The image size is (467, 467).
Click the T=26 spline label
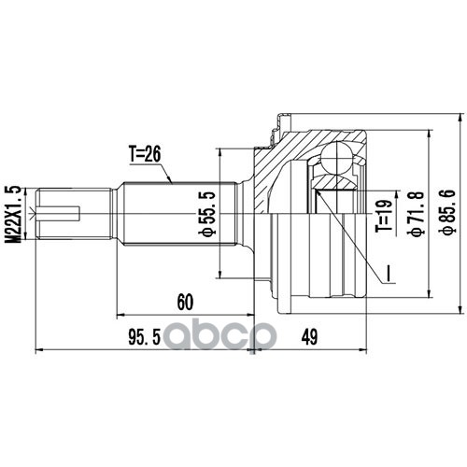[145, 154]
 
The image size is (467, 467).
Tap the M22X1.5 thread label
[13, 214]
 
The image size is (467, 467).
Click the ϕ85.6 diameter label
[450, 210]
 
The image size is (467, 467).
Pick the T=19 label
[384, 216]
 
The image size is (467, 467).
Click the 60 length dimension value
[185, 302]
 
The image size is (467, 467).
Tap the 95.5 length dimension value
[144, 338]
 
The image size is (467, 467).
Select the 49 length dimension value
[309, 337]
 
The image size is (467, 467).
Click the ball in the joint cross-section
[337, 157]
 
